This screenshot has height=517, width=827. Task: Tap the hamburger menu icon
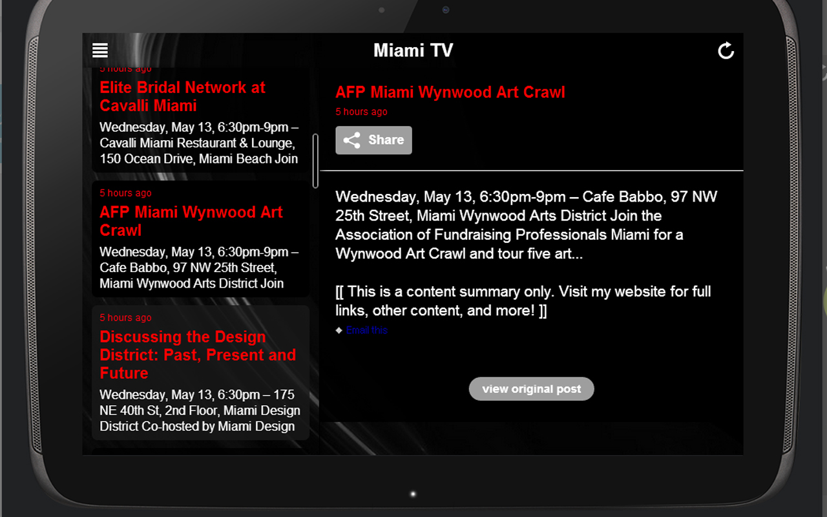[100, 50]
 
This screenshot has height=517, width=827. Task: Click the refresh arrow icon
[726, 50]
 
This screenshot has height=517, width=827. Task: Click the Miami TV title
[413, 50]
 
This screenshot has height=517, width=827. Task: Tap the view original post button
[531, 389]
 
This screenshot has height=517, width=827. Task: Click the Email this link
[366, 330]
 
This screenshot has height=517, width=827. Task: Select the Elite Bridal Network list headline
[182, 97]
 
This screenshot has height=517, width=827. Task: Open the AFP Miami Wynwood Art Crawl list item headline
[191, 221]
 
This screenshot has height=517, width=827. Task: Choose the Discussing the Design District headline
[197, 355]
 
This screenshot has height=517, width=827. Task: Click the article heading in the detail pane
[450, 92]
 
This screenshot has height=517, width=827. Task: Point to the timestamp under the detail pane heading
[361, 112]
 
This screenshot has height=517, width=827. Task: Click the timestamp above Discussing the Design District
[125, 318]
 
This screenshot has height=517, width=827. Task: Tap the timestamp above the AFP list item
[125, 193]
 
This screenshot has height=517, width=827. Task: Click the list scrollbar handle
[315, 161]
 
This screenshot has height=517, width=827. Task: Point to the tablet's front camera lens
[446, 10]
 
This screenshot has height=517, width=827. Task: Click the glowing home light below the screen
[413, 494]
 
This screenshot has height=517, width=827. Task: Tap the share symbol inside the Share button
[352, 140]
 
